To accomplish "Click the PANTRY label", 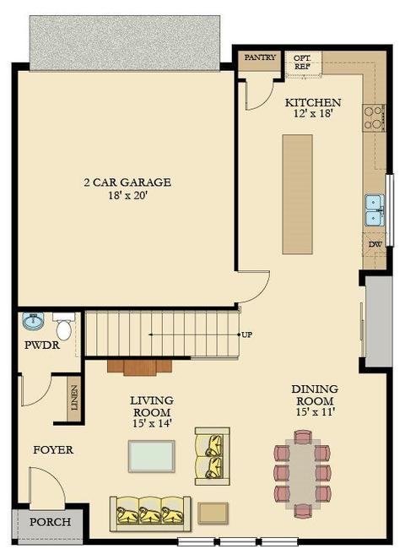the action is coord(260,57).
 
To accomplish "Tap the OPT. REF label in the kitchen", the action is coord(302,62).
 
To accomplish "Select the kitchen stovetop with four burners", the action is coord(374,118).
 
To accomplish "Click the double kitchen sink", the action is coord(375,210).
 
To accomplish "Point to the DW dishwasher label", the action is coord(375,245).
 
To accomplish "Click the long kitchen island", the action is coord(298,194).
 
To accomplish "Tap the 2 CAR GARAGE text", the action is coord(127,182).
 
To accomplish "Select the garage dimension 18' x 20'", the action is coord(127,195).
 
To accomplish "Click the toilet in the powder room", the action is coord(64,326).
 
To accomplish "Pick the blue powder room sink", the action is coord(33,320).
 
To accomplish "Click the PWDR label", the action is coord(42,345).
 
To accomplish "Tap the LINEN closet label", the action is coord(74,398).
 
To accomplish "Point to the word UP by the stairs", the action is coord(247,335).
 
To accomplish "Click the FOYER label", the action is coord(53,449).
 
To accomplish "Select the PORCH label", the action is coord(50,522).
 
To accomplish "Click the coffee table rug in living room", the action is coord(152,456).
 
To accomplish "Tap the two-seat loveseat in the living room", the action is coord(213,456).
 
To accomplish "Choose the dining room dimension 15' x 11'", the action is coord(315,412).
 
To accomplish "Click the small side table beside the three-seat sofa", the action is coord(213,514).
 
